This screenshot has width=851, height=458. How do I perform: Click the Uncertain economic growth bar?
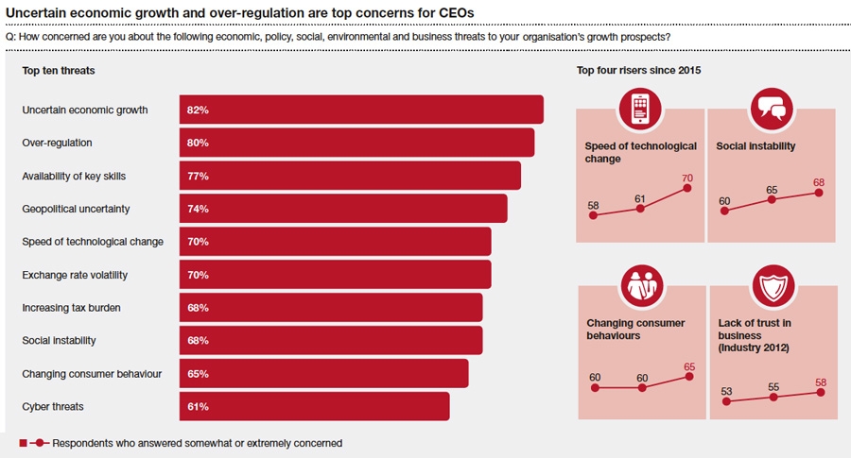361,110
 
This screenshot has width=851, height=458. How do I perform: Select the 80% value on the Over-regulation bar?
197,143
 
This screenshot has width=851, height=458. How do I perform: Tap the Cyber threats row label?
53,406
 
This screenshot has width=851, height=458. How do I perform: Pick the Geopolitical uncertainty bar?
343,209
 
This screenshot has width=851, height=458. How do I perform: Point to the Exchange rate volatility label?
75,275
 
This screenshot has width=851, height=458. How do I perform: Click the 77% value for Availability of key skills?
197,176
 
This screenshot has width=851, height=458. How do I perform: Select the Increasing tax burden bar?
331,308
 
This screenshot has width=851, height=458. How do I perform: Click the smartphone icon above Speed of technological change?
640,109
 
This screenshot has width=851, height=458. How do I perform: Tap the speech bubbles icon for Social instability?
771,109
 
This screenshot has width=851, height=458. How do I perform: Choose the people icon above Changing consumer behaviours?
642,285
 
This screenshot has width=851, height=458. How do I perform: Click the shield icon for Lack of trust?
773,285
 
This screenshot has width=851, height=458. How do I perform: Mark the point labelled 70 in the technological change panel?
687,188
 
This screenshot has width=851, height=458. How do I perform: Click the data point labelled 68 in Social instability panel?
819,193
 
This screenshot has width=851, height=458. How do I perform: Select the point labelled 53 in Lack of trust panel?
726,401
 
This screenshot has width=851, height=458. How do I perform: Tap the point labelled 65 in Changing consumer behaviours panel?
689,376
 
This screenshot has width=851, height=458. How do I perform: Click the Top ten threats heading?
59,70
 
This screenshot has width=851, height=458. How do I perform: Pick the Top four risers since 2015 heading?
638,70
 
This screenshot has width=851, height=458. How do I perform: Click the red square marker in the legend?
23,442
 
